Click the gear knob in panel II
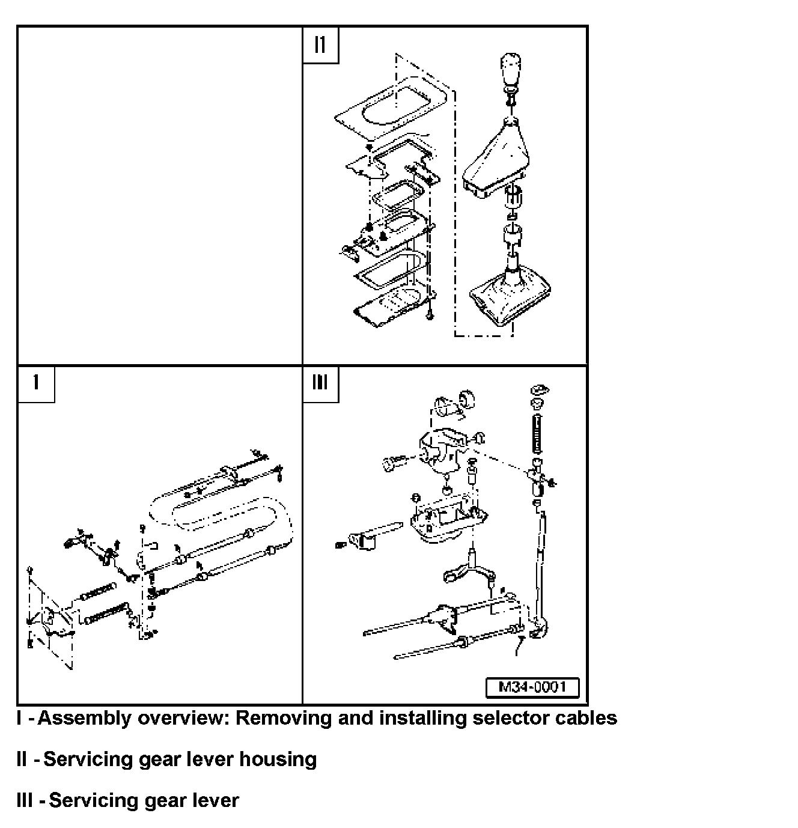[510, 72]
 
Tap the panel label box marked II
[320, 44]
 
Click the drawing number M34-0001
[532, 687]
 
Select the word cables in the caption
[586, 718]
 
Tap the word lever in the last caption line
[215, 800]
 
